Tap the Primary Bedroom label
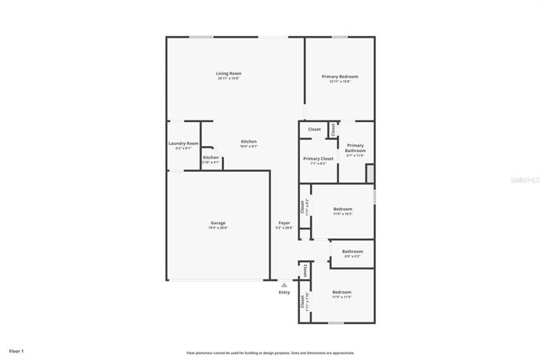click(x=339, y=77)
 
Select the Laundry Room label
click(x=183, y=144)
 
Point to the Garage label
click(x=218, y=223)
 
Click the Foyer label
click(x=284, y=223)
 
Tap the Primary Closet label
click(x=318, y=159)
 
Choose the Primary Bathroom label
click(x=355, y=148)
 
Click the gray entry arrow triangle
click(x=284, y=285)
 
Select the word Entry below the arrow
click(x=284, y=292)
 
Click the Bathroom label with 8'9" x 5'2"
click(x=352, y=251)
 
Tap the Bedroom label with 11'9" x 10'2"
click(x=342, y=209)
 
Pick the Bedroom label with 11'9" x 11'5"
click(x=341, y=292)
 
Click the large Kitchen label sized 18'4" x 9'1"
click(x=249, y=141)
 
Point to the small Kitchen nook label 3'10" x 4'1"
click(x=211, y=157)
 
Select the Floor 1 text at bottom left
click(x=17, y=351)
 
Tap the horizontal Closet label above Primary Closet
click(x=315, y=129)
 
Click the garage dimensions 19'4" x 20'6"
click(x=218, y=228)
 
